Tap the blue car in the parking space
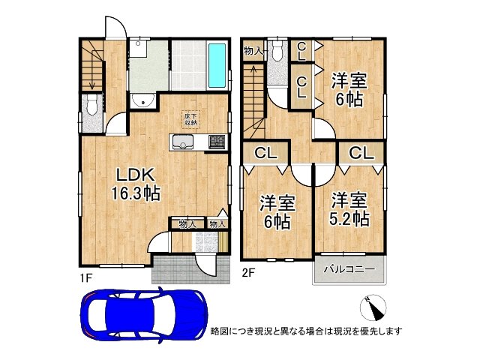click(142, 314)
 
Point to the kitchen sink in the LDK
click(182, 142)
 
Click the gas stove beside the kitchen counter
click(216, 140)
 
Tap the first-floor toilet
click(91, 106)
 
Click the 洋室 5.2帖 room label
click(349, 210)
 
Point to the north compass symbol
click(373, 307)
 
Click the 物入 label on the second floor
click(253, 51)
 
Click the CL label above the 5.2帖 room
click(359, 154)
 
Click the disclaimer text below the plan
click(307, 331)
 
